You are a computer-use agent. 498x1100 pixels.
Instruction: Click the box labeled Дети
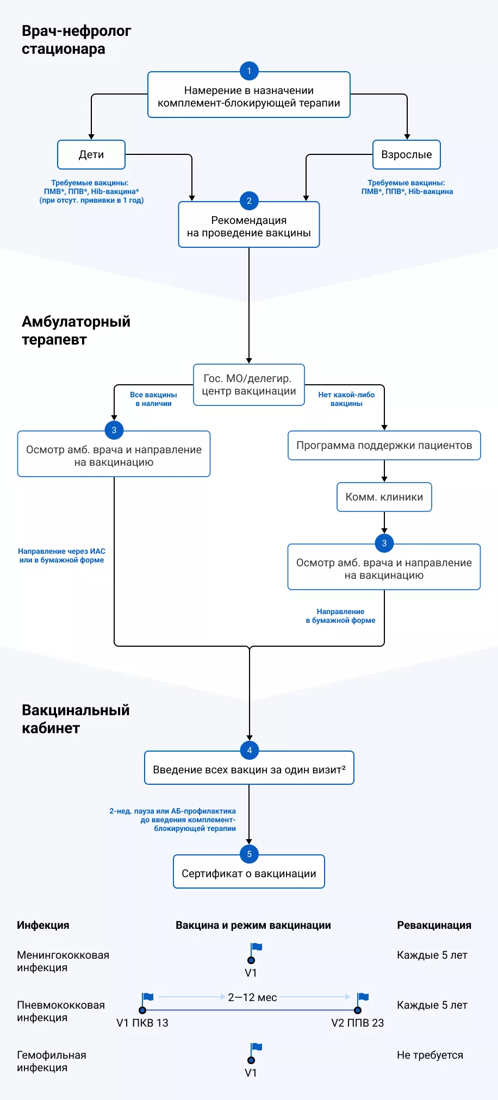[91, 155]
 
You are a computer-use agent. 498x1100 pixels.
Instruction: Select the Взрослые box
[406, 155]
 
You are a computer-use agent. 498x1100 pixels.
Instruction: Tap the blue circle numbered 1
[249, 71]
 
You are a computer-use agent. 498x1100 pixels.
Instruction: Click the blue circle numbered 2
[249, 201]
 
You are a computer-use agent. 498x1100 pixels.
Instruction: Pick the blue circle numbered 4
[249, 750]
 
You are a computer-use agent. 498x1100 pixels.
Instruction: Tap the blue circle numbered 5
[249, 854]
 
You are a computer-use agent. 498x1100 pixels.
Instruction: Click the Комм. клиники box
[384, 497]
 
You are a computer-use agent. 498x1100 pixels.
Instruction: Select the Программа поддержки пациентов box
[384, 446]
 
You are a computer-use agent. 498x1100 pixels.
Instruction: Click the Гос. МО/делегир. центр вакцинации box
[249, 385]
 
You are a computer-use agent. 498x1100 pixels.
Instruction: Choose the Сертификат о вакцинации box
[249, 874]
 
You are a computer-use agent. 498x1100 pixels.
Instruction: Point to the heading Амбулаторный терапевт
[76, 330]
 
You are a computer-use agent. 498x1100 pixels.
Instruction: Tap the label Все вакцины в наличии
[153, 399]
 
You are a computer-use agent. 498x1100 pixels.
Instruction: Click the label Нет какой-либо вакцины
[346, 399]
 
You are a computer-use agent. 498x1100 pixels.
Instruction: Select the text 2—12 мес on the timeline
[252, 997]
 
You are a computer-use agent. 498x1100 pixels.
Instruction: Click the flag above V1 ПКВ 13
[147, 998]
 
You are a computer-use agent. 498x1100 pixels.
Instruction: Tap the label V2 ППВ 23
[357, 1023]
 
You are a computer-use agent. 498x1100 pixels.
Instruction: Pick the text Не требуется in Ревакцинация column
[429, 1055]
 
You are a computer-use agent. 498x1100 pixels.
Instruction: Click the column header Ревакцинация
[434, 925]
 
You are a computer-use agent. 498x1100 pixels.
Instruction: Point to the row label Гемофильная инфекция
[51, 1061]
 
